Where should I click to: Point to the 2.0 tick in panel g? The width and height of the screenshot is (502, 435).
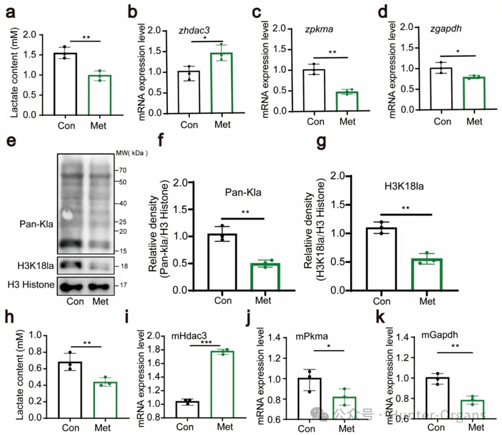(x=342, y=176)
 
